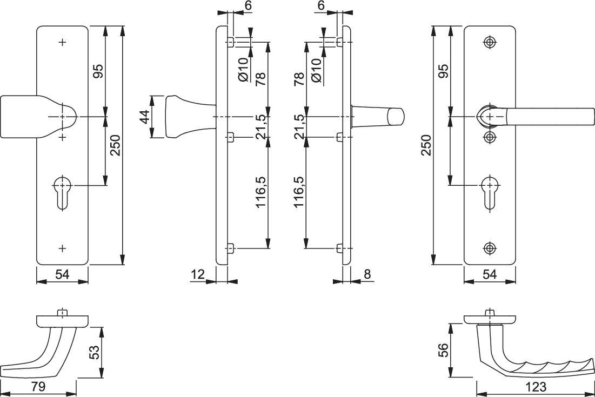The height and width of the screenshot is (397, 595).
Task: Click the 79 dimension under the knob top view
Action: [x=38, y=387]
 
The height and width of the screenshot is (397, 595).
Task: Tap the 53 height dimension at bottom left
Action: [x=93, y=353]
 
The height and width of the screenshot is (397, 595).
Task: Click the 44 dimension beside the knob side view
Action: [x=145, y=117]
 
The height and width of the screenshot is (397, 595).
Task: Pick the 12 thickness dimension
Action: [x=198, y=274]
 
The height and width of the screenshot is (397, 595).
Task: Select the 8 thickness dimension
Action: [x=367, y=274]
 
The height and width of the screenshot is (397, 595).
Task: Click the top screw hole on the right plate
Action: [x=490, y=43]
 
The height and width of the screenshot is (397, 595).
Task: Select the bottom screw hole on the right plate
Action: [x=490, y=248]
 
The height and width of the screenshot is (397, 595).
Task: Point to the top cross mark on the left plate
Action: [x=63, y=42]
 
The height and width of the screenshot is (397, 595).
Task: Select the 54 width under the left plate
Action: [x=62, y=274]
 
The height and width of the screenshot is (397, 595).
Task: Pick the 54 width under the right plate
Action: [x=489, y=274]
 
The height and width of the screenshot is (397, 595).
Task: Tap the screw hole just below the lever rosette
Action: [x=490, y=137]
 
